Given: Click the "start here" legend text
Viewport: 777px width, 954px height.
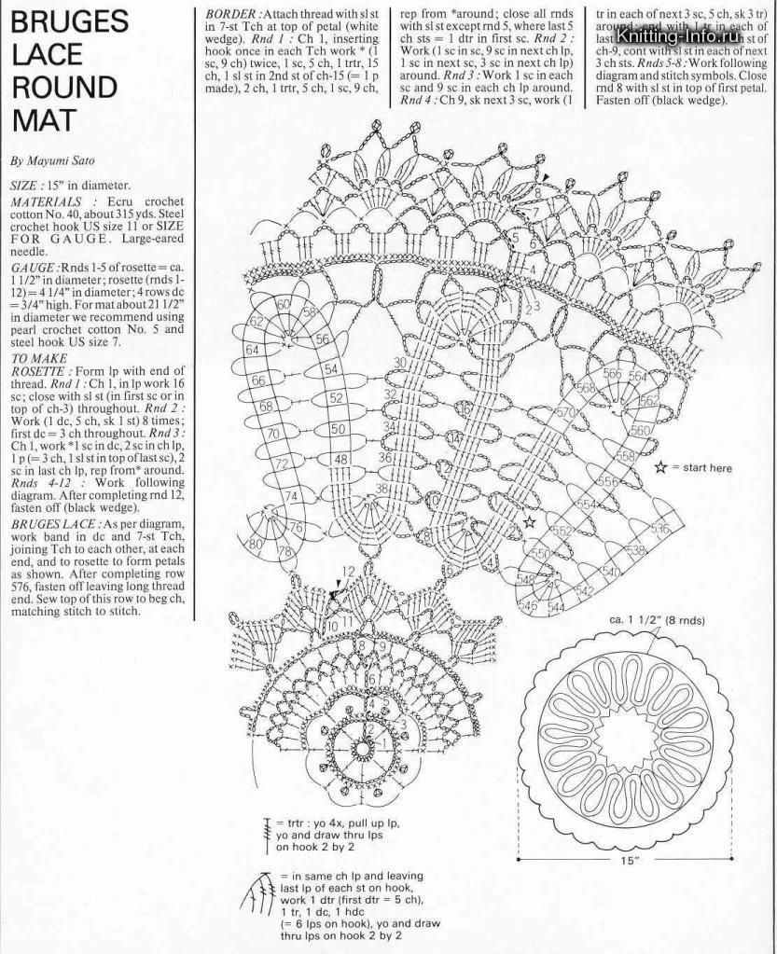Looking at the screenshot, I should pos(703,467).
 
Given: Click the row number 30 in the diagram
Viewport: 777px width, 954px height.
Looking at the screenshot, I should pos(399,363).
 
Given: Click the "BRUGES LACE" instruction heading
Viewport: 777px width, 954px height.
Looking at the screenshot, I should pos(52,524).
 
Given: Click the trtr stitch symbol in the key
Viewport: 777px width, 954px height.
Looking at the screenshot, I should pos(268,827).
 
